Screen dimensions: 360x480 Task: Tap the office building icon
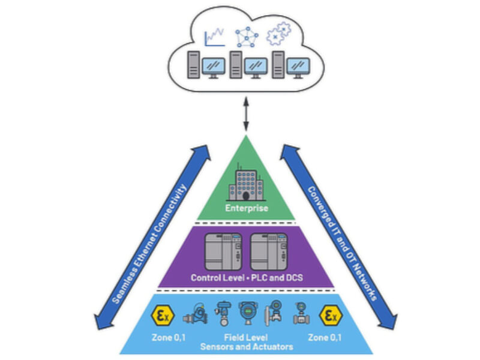pos(245,183)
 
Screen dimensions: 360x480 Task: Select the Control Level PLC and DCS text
pos(245,278)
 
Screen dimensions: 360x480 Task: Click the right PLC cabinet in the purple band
pos(268,251)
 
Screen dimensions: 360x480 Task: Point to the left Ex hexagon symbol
pos(162,315)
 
